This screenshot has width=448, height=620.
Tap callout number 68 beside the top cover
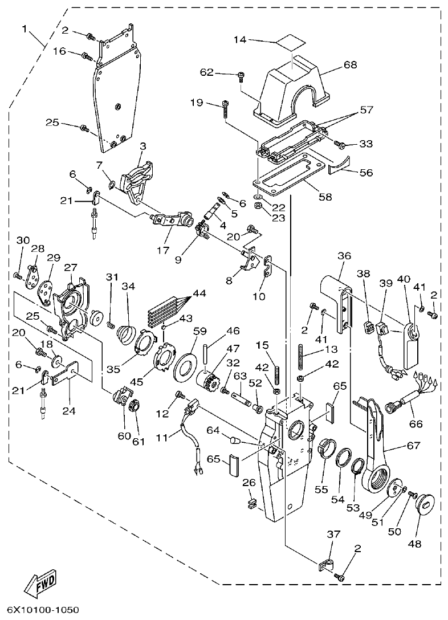tap(350, 65)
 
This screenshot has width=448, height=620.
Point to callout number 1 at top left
tap(25, 28)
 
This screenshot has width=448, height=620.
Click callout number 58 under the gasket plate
tap(325, 197)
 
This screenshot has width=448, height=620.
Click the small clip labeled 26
tap(251, 503)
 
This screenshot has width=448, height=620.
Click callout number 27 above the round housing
tap(70, 267)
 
